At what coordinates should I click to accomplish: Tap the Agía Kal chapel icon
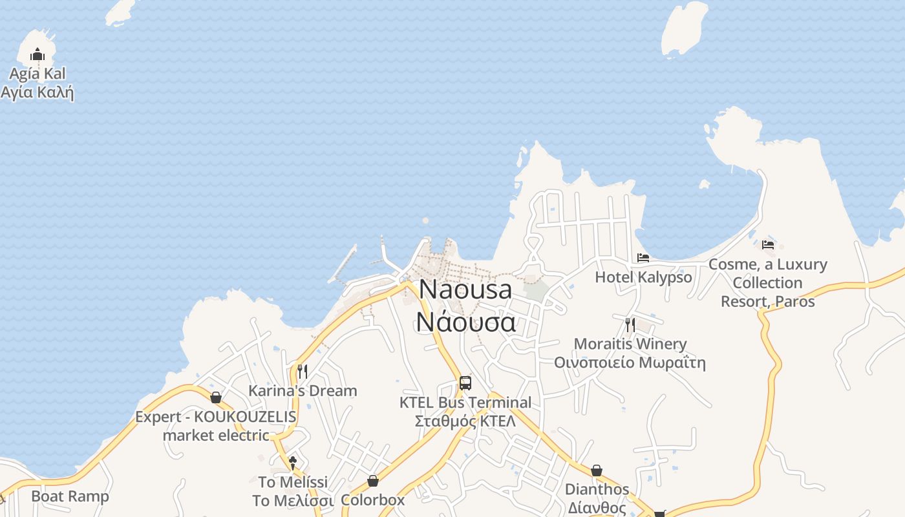pos(37,54)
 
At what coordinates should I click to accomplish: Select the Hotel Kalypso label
pos(643,277)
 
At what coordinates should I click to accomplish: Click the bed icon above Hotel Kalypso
pos(643,258)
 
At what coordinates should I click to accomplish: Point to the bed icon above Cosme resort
pos(768,245)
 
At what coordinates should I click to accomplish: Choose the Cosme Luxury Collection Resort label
pos(768,283)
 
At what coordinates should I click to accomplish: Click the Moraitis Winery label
pos(630,353)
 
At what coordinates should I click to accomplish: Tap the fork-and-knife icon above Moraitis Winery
pos(630,324)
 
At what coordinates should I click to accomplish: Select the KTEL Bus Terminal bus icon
pos(465,383)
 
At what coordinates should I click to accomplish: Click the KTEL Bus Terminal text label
pos(465,412)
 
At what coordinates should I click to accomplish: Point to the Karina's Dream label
pos(303,391)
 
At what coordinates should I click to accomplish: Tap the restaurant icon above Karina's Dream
pos(302,371)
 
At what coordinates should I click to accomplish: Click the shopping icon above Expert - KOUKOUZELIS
pos(216,397)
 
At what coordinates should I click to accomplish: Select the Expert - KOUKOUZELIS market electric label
pos(216,426)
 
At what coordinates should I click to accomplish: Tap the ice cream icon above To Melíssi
pos(293,463)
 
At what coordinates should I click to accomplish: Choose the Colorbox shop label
pos(373,500)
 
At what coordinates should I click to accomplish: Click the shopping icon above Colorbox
pos(373,481)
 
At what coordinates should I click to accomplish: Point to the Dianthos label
pos(597,498)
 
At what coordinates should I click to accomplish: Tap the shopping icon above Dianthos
pos(597,470)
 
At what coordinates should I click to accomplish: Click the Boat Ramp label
pos(70,496)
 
